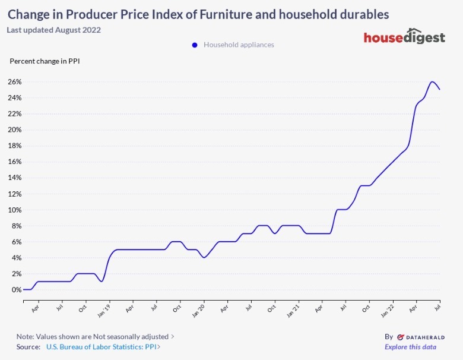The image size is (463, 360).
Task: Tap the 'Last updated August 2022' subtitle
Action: tap(53, 30)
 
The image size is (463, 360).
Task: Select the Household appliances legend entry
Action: tap(238, 45)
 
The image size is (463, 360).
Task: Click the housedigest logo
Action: tap(404, 37)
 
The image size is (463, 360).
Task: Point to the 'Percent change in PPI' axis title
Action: tap(45, 61)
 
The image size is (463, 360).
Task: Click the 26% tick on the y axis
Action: tap(15, 82)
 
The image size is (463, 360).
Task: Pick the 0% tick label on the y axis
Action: tap(17, 290)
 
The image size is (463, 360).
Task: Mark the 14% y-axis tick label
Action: tap(15, 178)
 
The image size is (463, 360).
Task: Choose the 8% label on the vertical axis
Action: tap(17, 226)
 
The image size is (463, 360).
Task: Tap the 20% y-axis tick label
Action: tap(15, 130)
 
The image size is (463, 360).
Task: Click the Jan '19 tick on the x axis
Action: tap(104, 310)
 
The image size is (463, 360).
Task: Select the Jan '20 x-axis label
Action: tap(199, 310)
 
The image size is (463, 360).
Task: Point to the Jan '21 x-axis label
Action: tap(294, 310)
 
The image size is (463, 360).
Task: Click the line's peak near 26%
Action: tap(432, 82)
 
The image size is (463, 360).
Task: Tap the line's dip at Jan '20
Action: tap(204, 257)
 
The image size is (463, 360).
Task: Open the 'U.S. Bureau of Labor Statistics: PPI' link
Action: tap(103, 347)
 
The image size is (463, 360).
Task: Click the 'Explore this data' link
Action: tap(410, 347)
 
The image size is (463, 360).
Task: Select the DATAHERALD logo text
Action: tap(420, 336)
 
